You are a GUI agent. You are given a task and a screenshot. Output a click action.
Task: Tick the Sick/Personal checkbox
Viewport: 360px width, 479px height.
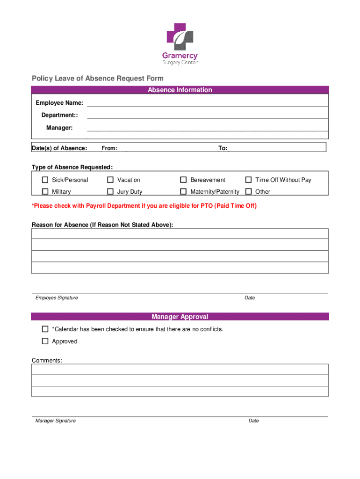coord(45,180)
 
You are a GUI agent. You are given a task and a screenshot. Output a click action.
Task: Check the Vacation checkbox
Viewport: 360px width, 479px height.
coord(110,180)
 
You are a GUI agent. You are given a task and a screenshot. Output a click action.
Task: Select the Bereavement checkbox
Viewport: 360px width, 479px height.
coord(183,180)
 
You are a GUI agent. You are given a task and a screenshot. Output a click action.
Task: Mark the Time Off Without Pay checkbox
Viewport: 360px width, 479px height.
coord(248,180)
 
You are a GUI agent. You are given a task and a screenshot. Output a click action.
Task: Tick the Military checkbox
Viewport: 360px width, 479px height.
coord(45,191)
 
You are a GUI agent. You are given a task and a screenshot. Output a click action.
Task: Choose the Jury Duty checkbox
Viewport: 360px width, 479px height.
coord(110,191)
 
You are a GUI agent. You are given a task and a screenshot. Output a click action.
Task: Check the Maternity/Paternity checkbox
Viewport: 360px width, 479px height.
coord(183,191)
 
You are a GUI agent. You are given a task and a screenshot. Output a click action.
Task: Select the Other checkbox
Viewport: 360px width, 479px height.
coord(248,191)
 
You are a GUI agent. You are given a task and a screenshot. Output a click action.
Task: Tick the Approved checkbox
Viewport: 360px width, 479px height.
coord(45,341)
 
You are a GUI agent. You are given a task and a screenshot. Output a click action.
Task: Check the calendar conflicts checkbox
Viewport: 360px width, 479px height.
coord(45,329)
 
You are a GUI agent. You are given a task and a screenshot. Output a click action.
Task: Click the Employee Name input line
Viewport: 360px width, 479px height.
coord(207,104)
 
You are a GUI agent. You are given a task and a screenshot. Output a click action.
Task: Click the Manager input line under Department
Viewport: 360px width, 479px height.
coord(207,129)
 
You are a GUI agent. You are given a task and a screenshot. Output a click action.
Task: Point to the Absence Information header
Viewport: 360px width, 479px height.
coord(180,90)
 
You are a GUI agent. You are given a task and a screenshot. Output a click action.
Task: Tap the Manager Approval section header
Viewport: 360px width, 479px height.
coord(180,317)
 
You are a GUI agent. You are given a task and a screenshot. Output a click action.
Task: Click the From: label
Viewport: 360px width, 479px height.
coord(109,148)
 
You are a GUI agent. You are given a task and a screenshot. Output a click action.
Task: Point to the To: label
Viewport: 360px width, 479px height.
coord(223,148)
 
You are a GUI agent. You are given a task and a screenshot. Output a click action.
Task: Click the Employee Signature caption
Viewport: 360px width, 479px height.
coord(57,298)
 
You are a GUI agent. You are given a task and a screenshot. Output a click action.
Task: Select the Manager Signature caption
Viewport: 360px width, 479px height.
coord(55,421)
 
